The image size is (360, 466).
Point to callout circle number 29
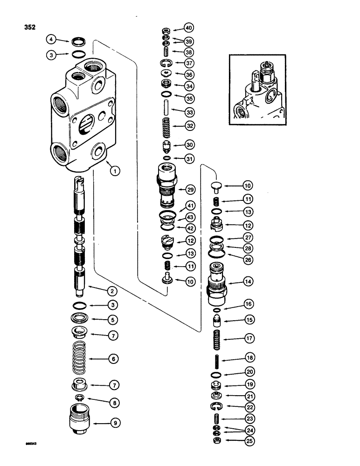tap(190, 190)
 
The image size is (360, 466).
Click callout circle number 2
tap(112, 291)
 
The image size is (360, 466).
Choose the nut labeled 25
tap(217, 440)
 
